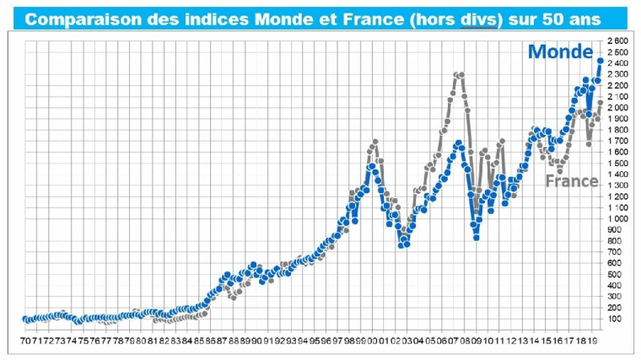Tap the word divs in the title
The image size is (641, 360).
(477, 19)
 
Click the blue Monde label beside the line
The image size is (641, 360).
(560, 52)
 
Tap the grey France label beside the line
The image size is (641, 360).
(571, 181)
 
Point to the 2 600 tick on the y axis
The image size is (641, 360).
(617, 41)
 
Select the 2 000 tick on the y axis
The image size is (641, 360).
(617, 108)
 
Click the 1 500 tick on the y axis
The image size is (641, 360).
(617, 164)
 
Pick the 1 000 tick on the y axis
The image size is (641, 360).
(617, 219)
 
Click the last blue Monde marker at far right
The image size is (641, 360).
(600, 60)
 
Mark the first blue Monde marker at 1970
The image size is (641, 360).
(24, 319)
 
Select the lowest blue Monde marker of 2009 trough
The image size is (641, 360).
(477, 238)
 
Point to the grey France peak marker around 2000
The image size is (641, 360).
(374, 142)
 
